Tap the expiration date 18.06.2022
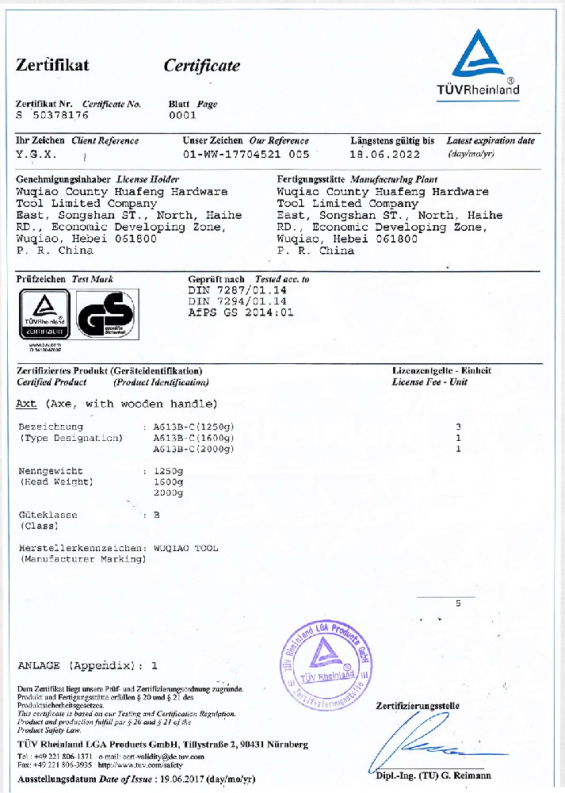(x=385, y=154)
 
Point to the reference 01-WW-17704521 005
(x=246, y=154)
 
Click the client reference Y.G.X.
(x=36, y=154)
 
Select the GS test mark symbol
(x=107, y=315)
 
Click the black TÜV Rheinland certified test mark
(x=44, y=315)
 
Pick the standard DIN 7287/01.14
(x=237, y=290)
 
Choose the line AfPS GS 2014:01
(x=241, y=312)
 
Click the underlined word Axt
(x=26, y=404)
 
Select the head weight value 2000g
(x=168, y=493)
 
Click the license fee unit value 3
(x=458, y=427)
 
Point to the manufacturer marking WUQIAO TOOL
(x=185, y=548)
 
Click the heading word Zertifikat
(x=52, y=65)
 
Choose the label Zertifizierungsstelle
(x=418, y=706)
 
